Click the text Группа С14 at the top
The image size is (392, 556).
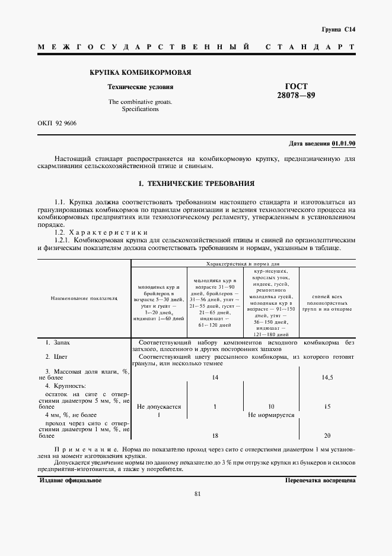coord(338,29)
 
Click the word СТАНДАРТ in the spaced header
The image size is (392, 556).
coord(310,46)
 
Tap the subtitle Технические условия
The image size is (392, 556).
coord(140,87)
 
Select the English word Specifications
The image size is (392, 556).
coord(140,109)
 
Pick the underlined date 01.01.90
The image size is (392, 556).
coord(343,144)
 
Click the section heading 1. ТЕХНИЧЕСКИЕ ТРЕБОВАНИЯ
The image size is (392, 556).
coord(196,184)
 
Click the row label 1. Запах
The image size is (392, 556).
coord(58,343)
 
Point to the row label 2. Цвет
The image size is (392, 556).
coord(57,357)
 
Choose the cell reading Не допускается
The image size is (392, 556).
coord(158,407)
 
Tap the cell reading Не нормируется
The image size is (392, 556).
coord(271,415)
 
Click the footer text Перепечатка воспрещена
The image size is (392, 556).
coord(320,480)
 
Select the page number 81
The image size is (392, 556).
coord(197,494)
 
